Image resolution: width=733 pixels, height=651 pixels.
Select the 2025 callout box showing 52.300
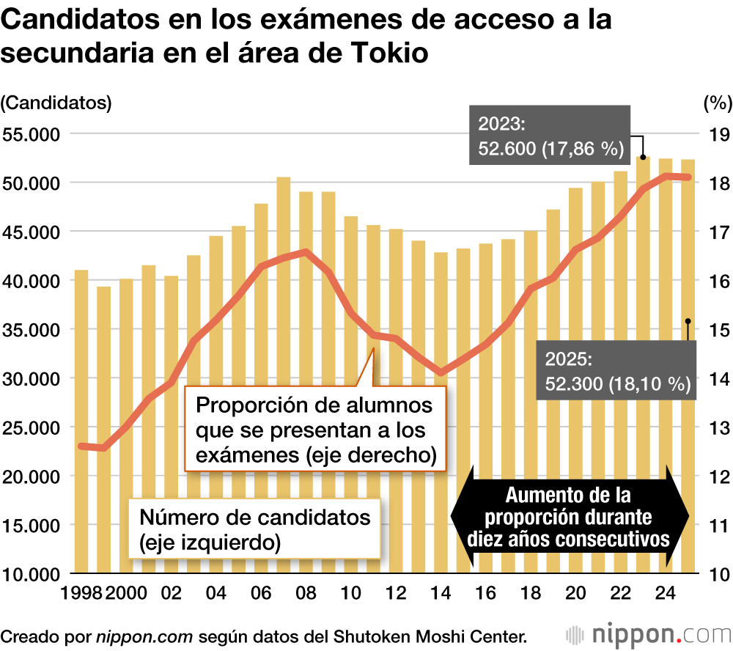(x=616, y=371)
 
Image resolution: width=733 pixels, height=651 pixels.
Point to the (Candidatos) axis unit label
(x=56, y=103)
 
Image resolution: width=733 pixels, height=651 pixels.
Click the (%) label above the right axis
(x=716, y=103)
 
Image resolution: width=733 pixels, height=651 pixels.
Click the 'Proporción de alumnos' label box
(x=315, y=430)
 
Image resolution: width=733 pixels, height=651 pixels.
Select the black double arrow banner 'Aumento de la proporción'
(x=569, y=516)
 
